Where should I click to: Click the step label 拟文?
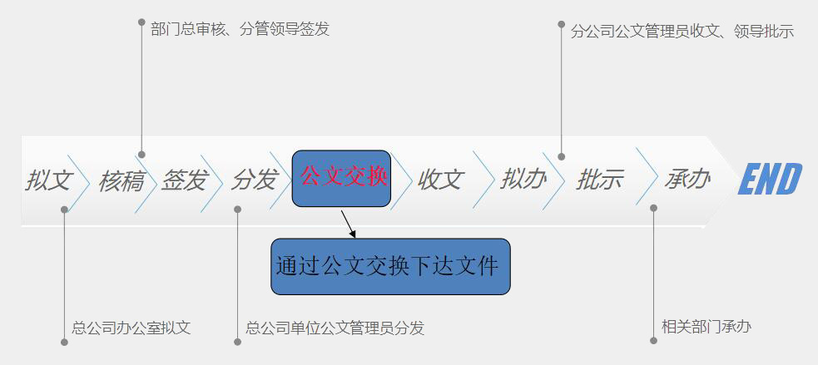click(48, 180)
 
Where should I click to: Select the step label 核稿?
click(121, 180)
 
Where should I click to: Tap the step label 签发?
click(185, 180)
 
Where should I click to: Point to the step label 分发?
click(254, 180)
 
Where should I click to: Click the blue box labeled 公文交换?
click(341, 178)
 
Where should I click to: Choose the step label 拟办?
click(523, 180)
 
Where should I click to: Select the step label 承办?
click(687, 180)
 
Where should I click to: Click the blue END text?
click(770, 179)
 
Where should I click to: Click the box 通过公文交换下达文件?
click(390, 266)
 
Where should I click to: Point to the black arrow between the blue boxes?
click(349, 224)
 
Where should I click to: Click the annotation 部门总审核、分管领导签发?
click(240, 28)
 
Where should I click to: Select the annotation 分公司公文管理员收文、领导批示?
click(682, 32)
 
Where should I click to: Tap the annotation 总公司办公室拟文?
click(131, 328)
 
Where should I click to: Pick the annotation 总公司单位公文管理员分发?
click(335, 328)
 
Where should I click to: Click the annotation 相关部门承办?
click(706, 327)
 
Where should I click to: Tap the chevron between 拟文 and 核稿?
click(79, 183)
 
